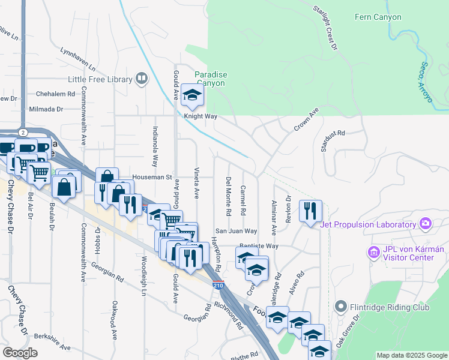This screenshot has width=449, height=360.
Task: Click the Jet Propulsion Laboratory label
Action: point(367,224)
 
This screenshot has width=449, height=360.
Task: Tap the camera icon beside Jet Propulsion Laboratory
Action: point(426,224)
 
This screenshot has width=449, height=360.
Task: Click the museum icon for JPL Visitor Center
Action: point(373,253)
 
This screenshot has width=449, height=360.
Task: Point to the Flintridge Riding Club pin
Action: point(341,307)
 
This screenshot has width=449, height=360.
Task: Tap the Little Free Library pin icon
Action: point(142,77)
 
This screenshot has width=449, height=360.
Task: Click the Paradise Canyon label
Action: point(211,79)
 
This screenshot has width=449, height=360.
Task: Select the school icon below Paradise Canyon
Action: point(192,96)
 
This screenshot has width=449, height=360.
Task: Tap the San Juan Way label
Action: point(237,231)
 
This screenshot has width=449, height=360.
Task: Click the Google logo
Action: point(20,353)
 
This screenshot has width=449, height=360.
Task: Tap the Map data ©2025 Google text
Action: point(411,355)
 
